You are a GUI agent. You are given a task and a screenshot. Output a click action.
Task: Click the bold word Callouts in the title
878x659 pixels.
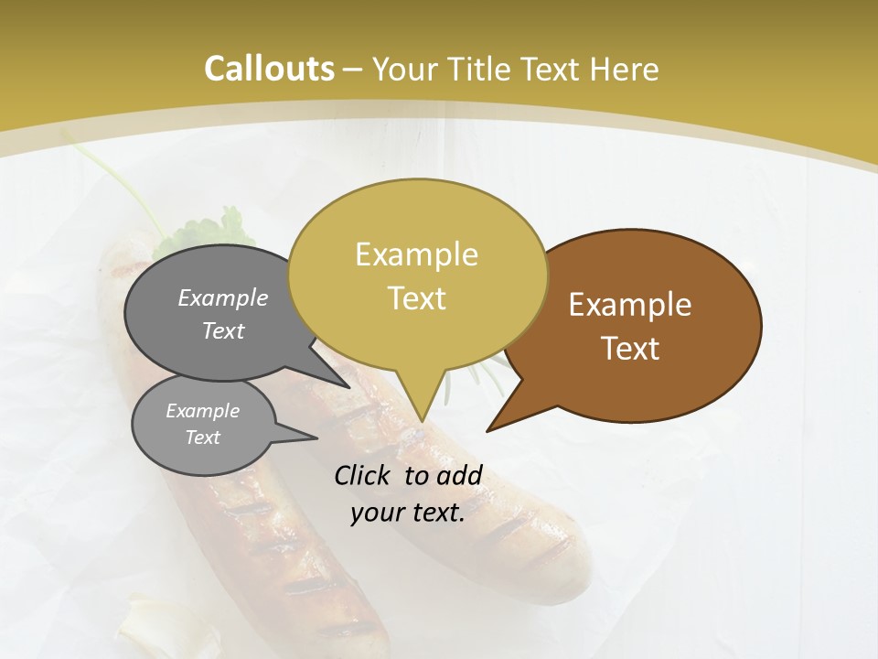click(x=269, y=69)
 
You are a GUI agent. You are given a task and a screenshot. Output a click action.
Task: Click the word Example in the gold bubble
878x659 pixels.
click(x=416, y=254)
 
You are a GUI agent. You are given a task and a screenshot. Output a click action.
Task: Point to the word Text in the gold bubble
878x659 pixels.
click(x=416, y=298)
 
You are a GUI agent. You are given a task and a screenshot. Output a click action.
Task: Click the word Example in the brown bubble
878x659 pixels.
click(x=630, y=305)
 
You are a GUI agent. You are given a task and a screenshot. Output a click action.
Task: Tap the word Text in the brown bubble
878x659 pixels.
click(x=630, y=349)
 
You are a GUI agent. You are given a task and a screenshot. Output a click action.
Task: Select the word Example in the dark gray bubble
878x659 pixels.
click(x=223, y=297)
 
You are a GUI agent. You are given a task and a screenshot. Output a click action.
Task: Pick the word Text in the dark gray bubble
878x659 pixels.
click(x=223, y=330)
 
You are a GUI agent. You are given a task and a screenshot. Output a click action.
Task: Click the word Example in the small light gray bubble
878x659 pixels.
click(x=202, y=411)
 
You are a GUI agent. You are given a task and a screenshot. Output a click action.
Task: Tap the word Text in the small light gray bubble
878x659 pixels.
click(x=202, y=438)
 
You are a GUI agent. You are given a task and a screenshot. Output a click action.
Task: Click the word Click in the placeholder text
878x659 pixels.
click(x=364, y=475)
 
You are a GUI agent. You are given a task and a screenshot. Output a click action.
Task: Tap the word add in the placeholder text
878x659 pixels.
click(x=460, y=475)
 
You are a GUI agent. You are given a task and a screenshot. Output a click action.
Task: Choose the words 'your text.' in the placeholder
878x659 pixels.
click(x=407, y=513)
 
